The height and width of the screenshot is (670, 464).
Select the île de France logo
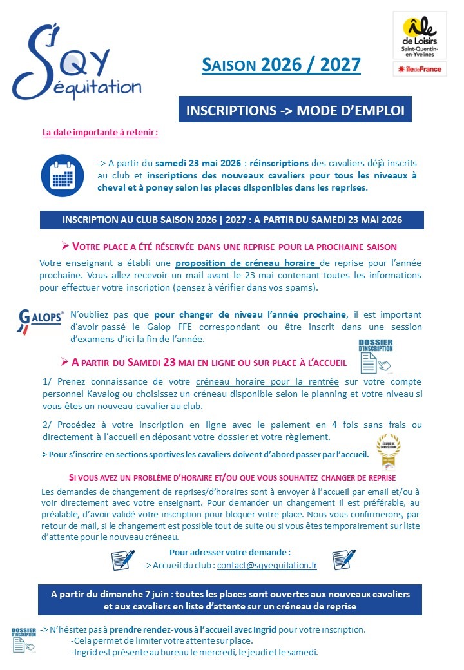point(420,69)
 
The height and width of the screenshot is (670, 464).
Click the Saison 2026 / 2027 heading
point(281,65)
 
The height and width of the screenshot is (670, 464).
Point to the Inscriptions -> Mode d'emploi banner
point(295,110)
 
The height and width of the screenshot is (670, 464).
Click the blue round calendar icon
point(63,175)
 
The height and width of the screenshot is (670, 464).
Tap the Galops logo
point(40,320)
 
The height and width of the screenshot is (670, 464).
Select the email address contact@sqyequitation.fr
point(267,565)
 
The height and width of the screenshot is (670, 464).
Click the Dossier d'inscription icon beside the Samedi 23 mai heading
point(376,356)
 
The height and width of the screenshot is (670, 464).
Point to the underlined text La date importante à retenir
point(100,133)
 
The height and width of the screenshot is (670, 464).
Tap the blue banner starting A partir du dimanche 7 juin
point(230,600)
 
